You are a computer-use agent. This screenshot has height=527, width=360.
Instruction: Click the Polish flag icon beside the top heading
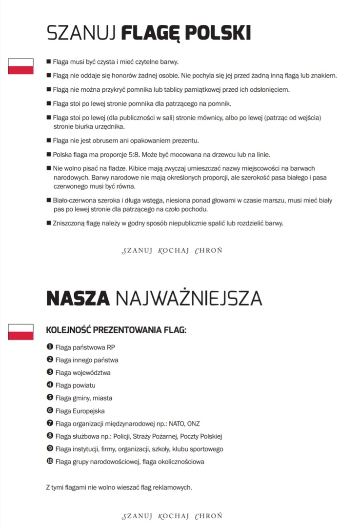pyautogui.click(x=20, y=66)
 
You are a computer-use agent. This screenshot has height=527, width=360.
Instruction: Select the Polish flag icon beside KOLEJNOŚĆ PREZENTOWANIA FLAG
pyautogui.click(x=20, y=331)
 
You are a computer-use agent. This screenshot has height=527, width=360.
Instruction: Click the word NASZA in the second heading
pyautogui.click(x=77, y=298)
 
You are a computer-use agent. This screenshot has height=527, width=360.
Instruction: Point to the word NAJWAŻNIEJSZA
pyautogui.click(x=188, y=298)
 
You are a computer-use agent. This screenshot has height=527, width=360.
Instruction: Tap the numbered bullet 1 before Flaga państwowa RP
pyautogui.click(x=49, y=346)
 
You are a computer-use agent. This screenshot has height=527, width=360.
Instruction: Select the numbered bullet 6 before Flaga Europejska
pyautogui.click(x=49, y=410)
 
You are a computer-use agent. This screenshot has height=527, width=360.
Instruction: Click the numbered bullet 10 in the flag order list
pyautogui.click(x=49, y=461)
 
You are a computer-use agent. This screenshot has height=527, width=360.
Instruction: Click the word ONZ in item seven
pyautogui.click(x=194, y=424)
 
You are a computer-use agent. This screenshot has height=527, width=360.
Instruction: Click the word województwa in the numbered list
pyautogui.click(x=93, y=373)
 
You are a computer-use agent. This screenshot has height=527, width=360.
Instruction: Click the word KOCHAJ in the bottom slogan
pyautogui.click(x=174, y=516)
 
